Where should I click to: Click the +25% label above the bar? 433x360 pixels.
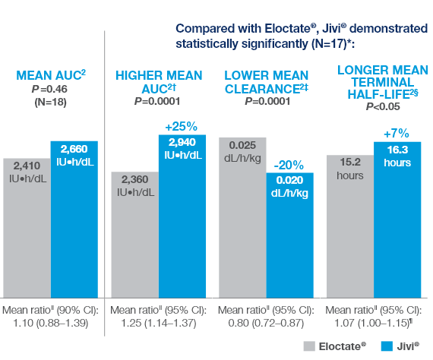click(182, 126)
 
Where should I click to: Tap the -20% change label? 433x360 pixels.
click(289, 164)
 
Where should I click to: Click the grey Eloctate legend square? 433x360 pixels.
click(309, 346)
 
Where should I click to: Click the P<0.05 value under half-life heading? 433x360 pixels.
click(378, 108)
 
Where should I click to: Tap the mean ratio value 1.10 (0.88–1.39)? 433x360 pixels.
click(50, 324)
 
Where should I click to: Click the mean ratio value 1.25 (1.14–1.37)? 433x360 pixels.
click(158, 324)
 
